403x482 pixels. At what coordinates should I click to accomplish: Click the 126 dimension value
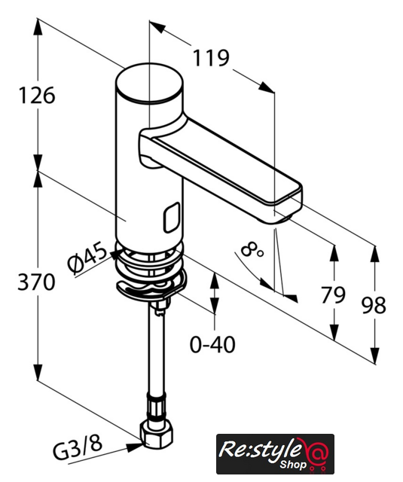point(37,96)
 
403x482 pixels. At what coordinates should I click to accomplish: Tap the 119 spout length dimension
point(211,58)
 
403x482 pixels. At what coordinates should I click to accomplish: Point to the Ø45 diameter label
point(88,258)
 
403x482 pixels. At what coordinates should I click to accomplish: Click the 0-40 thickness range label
point(212,344)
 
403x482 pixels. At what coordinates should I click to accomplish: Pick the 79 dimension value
point(333,294)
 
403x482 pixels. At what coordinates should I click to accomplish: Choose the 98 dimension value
point(374,305)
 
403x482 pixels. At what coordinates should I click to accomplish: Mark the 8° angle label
point(252,249)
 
